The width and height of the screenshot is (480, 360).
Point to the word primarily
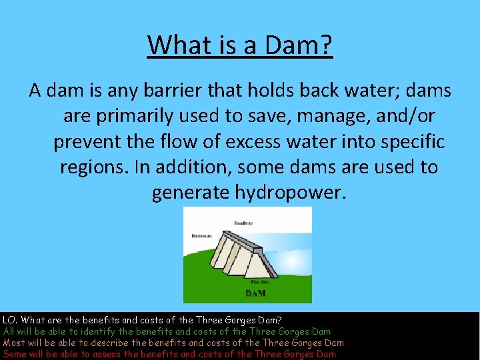pos(143,116)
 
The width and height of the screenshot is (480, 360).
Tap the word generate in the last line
pos(191,192)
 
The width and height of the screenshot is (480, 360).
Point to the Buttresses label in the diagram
pos(202,235)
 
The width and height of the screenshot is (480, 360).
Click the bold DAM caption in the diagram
pos(255,293)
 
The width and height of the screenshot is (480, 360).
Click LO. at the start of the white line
pos(9,321)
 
